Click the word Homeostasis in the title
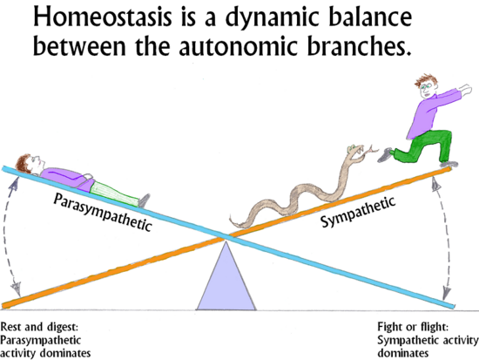point(103,17)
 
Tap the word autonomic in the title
point(239,46)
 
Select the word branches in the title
point(359,46)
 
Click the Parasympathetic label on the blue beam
point(103,212)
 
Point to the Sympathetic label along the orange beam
point(358,211)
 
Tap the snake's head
point(355,151)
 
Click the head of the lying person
point(30,164)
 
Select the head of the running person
point(427,85)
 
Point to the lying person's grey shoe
point(144,200)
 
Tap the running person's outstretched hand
point(465,89)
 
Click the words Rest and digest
point(39,327)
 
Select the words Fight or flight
point(413,327)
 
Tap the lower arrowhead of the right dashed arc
point(446,294)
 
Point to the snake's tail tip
point(231,218)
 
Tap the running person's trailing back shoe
point(385,155)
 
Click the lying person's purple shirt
point(68,179)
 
